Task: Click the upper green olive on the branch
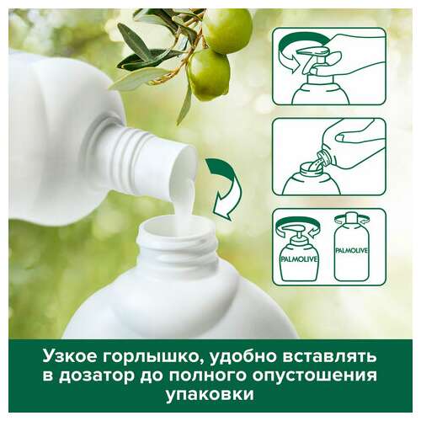click(227, 31)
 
